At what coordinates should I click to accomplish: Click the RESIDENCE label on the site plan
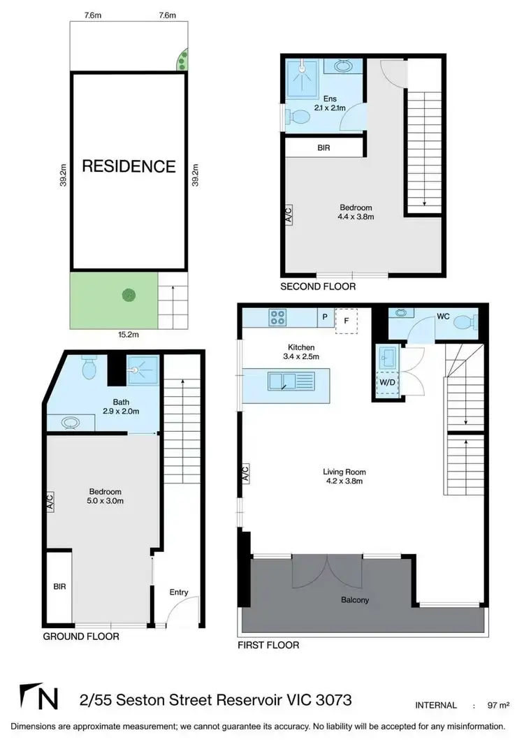pyautogui.click(x=129, y=166)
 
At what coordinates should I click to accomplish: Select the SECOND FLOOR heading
pyautogui.click(x=318, y=286)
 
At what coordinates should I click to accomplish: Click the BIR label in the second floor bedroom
pyautogui.click(x=323, y=148)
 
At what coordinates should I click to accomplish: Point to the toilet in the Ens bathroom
pyautogui.click(x=299, y=115)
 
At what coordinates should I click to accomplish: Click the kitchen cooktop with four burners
pyautogui.click(x=277, y=318)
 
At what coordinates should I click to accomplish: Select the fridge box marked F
pyautogui.click(x=346, y=321)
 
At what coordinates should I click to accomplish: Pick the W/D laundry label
pyautogui.click(x=386, y=383)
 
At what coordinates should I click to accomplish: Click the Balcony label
pyautogui.click(x=355, y=600)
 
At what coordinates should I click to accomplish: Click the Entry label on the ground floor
pyautogui.click(x=179, y=592)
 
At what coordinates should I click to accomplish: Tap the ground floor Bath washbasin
pyautogui.click(x=71, y=422)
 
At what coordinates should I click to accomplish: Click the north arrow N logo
pyautogui.click(x=41, y=699)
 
